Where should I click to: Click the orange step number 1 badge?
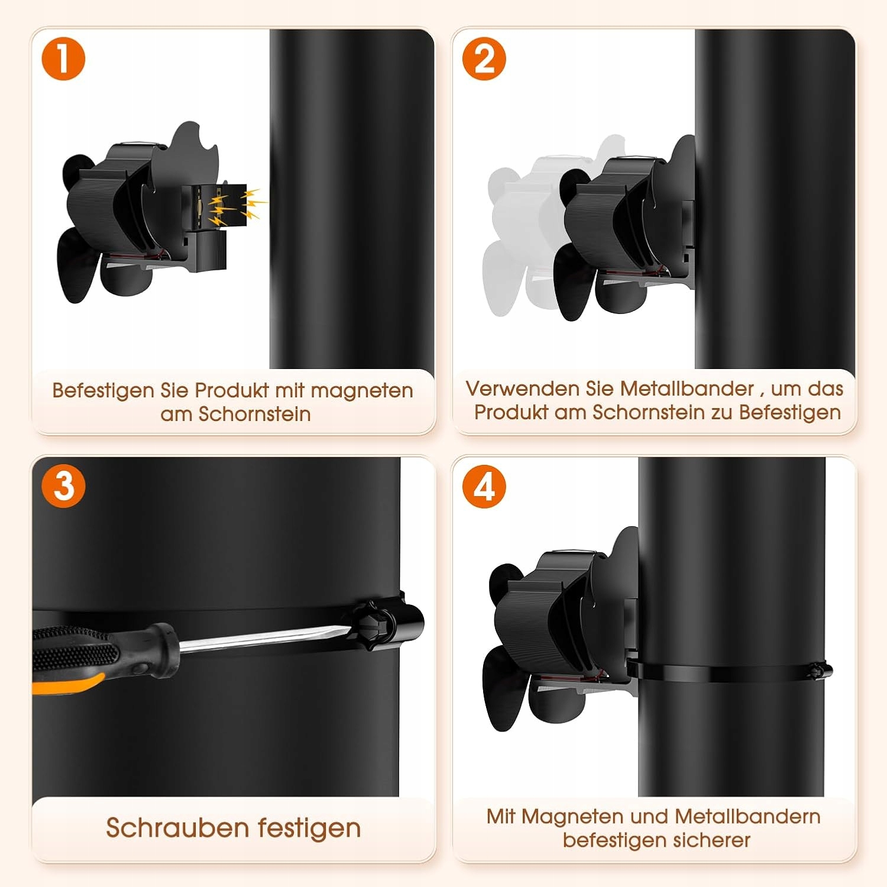coord(63,59)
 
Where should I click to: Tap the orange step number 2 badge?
coord(484,59)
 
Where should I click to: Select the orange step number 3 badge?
coord(63,486)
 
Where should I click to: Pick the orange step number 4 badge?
coord(484,486)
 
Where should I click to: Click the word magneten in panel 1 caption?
coord(361,391)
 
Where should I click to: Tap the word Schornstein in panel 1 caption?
coord(254,414)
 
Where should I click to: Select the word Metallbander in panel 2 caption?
coord(687,389)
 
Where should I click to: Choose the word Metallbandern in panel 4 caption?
coord(747,817)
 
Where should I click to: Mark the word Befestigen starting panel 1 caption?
coord(103,391)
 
